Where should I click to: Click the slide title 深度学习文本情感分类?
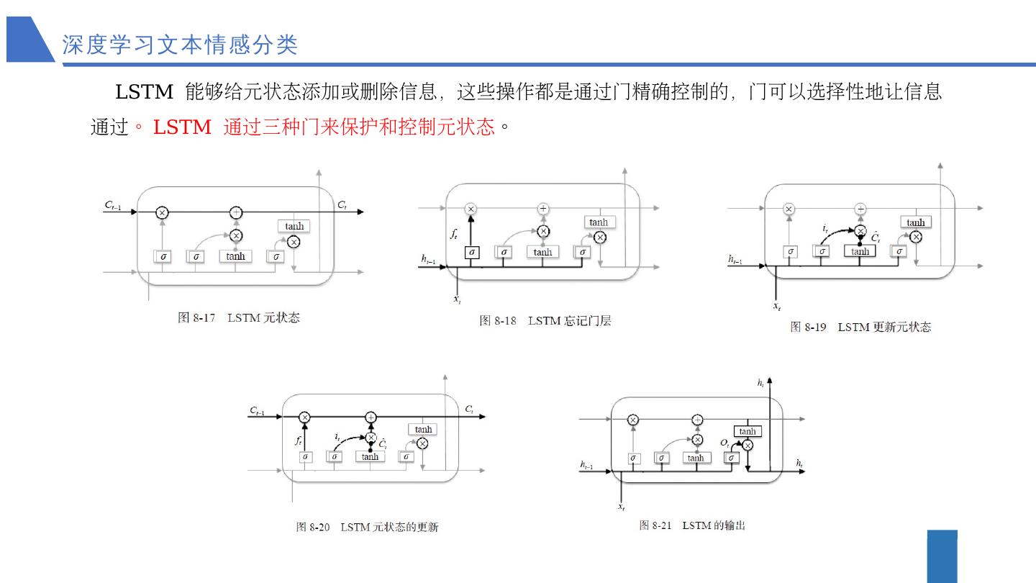180,45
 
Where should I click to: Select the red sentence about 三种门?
324,127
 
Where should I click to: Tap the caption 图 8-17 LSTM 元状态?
239,317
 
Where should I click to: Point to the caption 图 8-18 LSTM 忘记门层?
545,321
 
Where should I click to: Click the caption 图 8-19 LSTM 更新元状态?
860,327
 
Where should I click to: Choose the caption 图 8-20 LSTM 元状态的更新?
367,527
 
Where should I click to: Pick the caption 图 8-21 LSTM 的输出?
692,525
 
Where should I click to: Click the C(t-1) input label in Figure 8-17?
113,206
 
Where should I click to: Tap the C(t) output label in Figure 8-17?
342,205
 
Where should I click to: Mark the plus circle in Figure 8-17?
236,212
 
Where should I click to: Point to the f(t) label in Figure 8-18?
454,233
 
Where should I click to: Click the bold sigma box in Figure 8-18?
471,253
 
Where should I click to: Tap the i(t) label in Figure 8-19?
826,228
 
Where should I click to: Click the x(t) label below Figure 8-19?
777,307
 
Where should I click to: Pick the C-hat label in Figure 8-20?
383,444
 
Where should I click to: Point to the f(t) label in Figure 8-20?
298,440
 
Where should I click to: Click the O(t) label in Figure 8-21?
725,443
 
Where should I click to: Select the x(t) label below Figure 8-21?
621,507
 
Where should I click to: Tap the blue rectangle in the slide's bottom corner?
942,556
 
